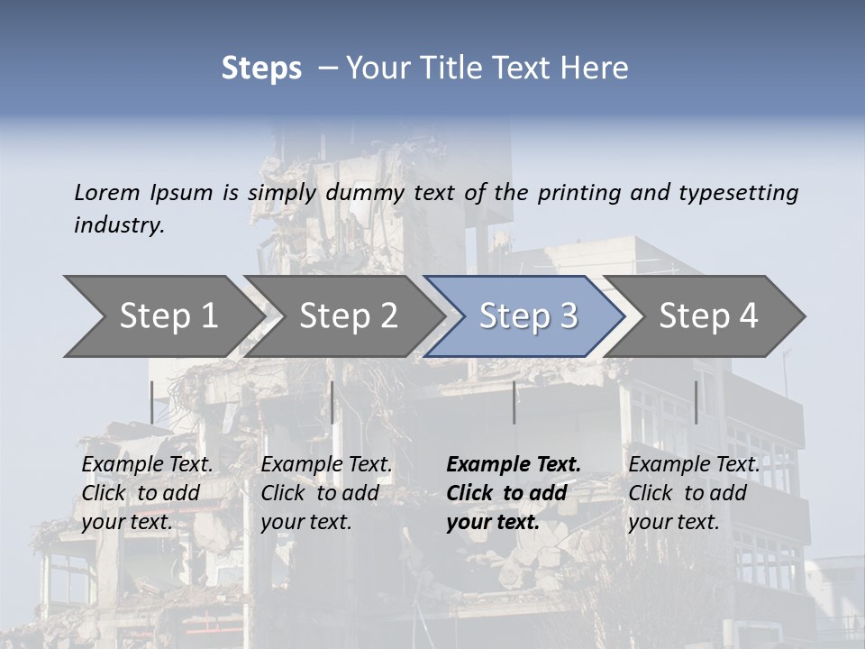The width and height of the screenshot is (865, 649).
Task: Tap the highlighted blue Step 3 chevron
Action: pos(525,316)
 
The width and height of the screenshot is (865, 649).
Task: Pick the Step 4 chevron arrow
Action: pos(706,316)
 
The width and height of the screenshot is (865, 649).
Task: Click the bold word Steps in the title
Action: pos(261,68)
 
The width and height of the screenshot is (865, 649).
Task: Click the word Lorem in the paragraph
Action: pos(107,192)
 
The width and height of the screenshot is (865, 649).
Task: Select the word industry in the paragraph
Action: pos(119,225)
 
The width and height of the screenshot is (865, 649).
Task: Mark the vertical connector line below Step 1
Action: pos(151,402)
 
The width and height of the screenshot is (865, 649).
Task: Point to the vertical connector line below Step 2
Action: pos(332,402)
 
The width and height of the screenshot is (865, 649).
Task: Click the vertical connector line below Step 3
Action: pos(514,402)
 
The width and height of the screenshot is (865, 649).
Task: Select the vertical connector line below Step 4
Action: pos(696,402)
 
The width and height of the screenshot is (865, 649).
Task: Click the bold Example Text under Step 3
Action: pos(514,464)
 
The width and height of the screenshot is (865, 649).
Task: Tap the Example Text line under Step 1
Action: pos(147,464)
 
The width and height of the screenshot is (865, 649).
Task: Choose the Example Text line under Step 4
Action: pos(694,464)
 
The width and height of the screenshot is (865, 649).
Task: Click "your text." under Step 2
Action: pos(305,522)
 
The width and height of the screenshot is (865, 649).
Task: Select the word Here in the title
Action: pos(594,68)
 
